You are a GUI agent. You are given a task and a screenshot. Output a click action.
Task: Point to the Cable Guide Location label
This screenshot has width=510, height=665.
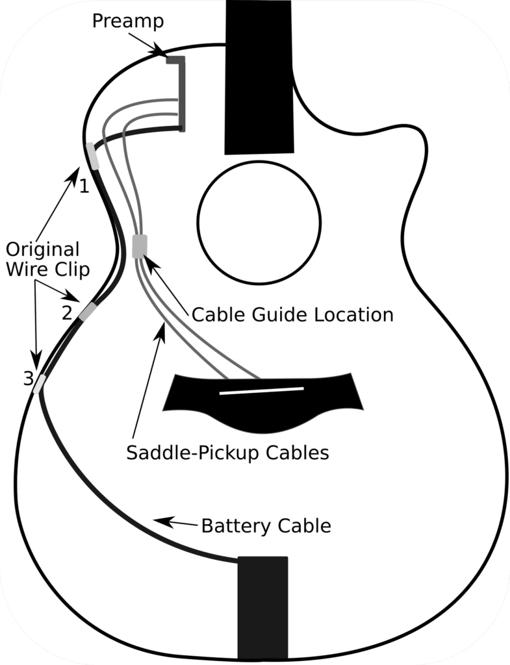click(x=292, y=315)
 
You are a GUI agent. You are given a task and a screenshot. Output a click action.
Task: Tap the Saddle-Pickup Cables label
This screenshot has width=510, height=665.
click(x=227, y=452)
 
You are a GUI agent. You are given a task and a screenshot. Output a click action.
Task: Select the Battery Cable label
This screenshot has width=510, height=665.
click(x=266, y=525)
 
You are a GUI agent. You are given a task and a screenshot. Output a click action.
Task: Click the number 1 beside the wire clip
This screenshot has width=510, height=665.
click(x=83, y=187)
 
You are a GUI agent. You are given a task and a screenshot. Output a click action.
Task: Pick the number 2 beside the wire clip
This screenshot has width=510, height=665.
click(x=67, y=312)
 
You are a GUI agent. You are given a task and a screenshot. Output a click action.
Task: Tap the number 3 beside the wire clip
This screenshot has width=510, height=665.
click(x=28, y=378)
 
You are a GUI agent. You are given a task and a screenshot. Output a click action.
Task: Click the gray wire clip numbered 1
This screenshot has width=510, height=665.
click(x=93, y=155)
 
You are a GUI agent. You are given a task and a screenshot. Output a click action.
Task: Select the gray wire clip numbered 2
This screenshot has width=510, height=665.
click(x=88, y=311)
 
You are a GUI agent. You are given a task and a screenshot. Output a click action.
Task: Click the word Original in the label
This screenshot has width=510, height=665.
click(x=42, y=249)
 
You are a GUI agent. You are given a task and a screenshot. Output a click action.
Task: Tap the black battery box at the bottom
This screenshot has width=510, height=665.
click(x=262, y=607)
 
